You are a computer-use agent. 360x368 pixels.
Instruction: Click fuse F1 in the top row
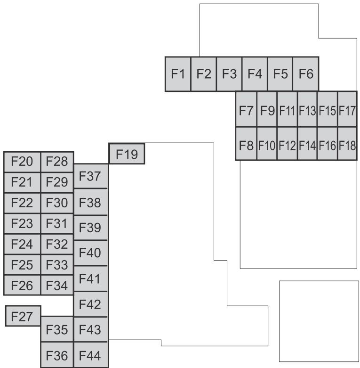(x=178, y=74)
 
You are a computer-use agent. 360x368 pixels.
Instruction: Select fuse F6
(x=306, y=74)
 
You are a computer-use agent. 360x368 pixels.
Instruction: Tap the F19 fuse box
(x=127, y=154)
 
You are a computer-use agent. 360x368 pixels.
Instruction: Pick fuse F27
(x=23, y=316)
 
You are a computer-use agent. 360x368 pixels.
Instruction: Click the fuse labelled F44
(x=91, y=355)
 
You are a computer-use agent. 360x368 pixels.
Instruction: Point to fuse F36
(x=57, y=355)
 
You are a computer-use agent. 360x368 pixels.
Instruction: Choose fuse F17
(x=347, y=109)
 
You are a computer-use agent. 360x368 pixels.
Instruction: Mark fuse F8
(x=246, y=144)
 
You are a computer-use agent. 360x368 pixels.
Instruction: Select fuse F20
(x=22, y=162)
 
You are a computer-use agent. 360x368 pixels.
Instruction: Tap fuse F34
(x=57, y=285)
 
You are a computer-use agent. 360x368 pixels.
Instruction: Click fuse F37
(x=91, y=176)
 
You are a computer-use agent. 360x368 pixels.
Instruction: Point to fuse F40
(x=91, y=253)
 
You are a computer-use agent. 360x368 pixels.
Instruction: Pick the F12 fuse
(x=287, y=144)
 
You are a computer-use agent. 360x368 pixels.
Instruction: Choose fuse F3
(x=229, y=74)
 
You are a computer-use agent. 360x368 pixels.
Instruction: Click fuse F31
(x=57, y=224)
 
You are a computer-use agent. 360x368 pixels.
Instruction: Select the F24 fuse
(x=22, y=244)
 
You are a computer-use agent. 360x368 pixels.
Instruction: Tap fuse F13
(x=307, y=109)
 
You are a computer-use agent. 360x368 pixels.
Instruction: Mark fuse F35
(x=57, y=329)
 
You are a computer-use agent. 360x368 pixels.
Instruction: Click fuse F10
(x=267, y=144)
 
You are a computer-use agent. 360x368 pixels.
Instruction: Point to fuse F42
(x=91, y=304)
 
